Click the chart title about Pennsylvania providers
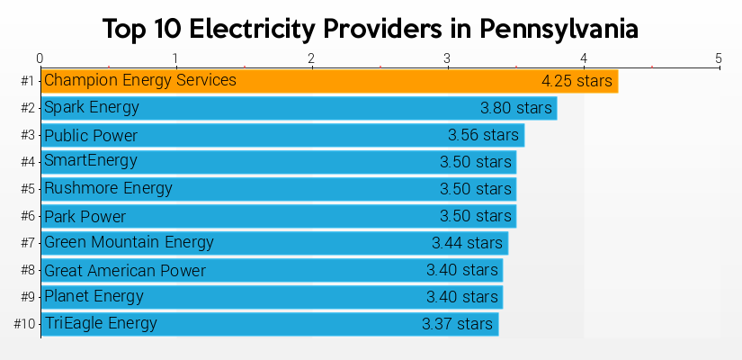pyautogui.click(x=371, y=29)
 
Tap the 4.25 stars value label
pyautogui.click(x=577, y=81)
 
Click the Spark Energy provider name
pyautogui.click(x=92, y=108)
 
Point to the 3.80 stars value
pyautogui.click(x=515, y=108)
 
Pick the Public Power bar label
pyautogui.click(x=91, y=136)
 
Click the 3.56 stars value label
pyautogui.click(x=483, y=136)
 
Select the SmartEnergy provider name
pyautogui.click(x=91, y=161)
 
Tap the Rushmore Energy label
pyautogui.click(x=108, y=189)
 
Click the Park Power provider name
pyautogui.click(x=85, y=217)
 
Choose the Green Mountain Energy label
pyautogui.click(x=129, y=242)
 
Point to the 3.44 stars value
pyautogui.click(x=467, y=243)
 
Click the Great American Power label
pyautogui.click(x=125, y=271)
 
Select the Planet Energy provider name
pyautogui.click(x=94, y=296)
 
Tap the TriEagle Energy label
pyautogui.click(x=101, y=323)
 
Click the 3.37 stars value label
pyautogui.click(x=457, y=324)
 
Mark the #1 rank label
pyautogui.click(x=27, y=81)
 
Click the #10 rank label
pyautogui.click(x=24, y=324)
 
